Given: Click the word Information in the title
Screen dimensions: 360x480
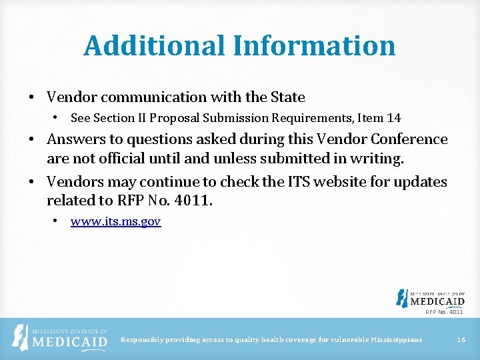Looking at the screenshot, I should (314, 45).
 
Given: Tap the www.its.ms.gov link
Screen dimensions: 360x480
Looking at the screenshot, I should (115, 221).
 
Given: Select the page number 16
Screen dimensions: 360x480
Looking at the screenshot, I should (461, 340).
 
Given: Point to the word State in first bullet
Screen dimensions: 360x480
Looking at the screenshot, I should (287, 97).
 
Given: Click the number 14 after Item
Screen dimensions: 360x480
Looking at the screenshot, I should (393, 118).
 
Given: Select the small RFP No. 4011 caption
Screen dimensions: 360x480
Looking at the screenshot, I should (444, 311).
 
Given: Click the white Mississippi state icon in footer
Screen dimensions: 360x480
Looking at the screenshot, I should (22, 337).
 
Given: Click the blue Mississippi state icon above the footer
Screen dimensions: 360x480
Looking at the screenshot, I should (402, 298).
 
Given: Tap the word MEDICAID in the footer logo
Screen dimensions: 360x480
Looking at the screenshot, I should (69, 342).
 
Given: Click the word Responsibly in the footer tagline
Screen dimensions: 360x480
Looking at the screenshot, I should (141, 340).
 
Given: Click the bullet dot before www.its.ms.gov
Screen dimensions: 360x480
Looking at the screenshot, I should (57, 221).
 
